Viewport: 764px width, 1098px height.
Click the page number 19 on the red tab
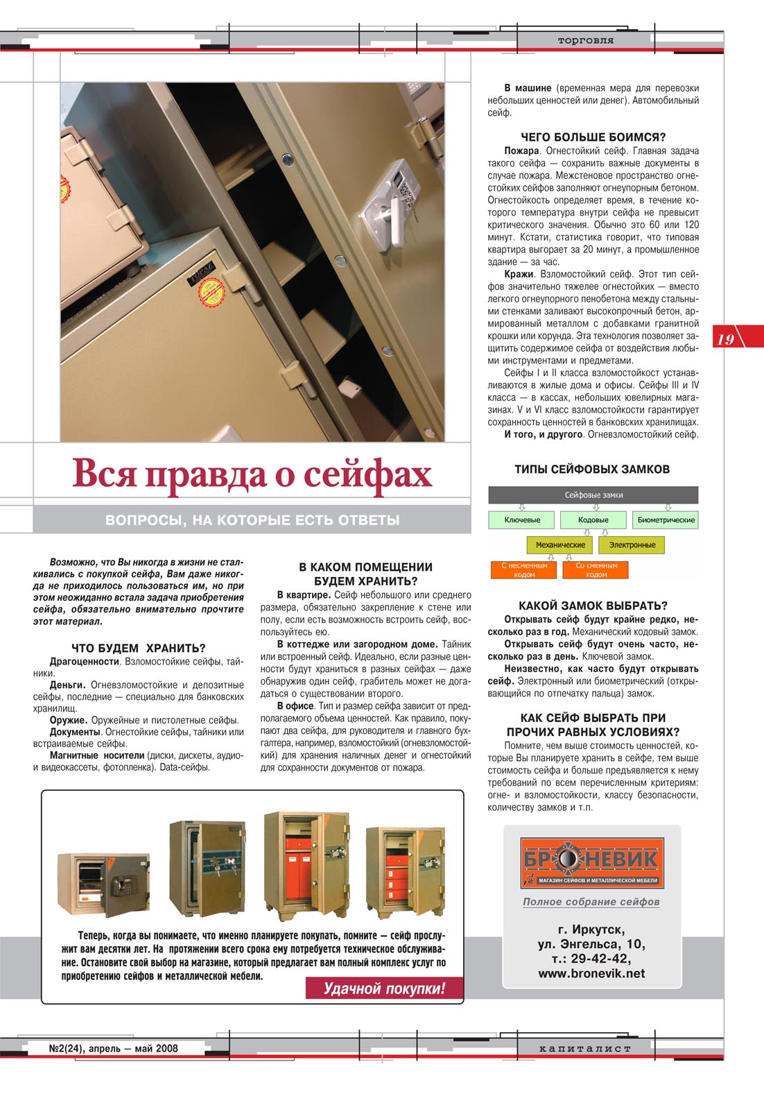(x=725, y=339)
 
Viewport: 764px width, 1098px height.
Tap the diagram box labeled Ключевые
(x=522, y=520)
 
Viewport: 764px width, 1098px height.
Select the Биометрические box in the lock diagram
(x=666, y=520)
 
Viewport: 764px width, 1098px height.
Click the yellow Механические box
(x=560, y=545)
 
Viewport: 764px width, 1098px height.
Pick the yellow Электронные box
(x=632, y=545)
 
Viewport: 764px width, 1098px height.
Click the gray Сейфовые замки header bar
(x=593, y=495)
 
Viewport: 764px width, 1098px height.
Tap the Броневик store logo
(x=591, y=862)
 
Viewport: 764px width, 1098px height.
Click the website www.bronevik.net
(x=591, y=974)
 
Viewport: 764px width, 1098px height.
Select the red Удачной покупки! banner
(x=384, y=988)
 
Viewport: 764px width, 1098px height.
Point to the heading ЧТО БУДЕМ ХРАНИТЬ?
(x=139, y=648)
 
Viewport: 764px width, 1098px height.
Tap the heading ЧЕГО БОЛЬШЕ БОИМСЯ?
(x=593, y=137)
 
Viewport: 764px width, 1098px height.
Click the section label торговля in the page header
(x=585, y=40)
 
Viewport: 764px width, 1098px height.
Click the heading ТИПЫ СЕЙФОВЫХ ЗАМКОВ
(x=592, y=469)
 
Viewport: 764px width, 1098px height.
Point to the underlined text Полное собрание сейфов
(x=591, y=902)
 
